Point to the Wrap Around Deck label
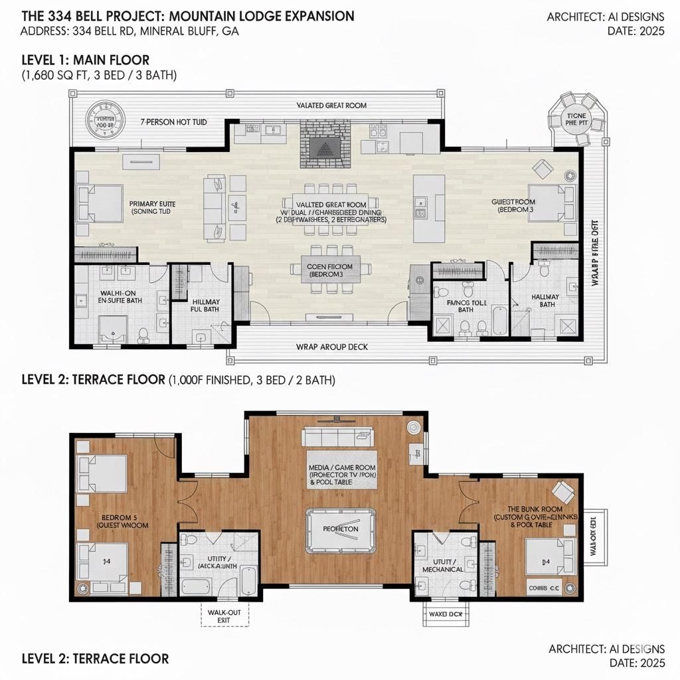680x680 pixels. [331, 347]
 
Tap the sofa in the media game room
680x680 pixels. [337, 436]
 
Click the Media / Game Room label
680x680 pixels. [341, 474]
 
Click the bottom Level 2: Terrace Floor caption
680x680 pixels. [95, 659]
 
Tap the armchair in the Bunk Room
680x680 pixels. [564, 492]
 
